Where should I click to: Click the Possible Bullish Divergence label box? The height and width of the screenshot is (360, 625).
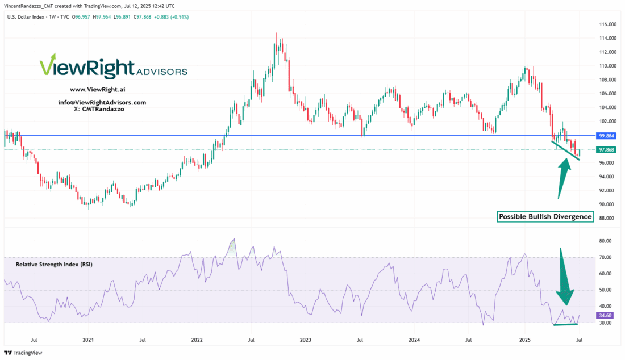(x=545, y=217)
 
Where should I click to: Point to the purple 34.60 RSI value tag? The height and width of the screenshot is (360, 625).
(x=604, y=315)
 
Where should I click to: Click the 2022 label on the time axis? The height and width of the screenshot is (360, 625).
(x=197, y=340)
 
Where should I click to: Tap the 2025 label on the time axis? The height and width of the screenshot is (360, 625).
(x=523, y=340)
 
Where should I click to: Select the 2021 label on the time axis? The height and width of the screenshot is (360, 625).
(x=88, y=340)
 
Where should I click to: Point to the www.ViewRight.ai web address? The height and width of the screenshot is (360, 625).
(x=93, y=90)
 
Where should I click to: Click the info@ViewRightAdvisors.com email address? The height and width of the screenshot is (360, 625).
(x=102, y=102)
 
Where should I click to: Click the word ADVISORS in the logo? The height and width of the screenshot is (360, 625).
(x=161, y=72)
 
